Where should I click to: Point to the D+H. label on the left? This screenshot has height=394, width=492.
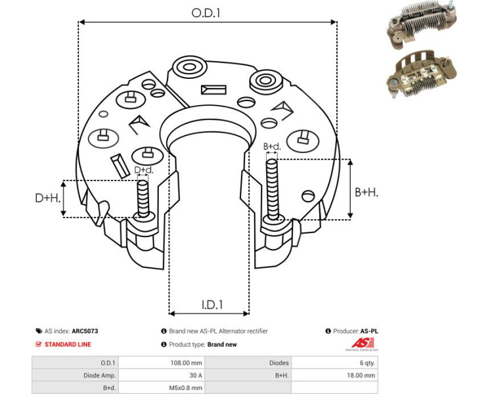point(47,198)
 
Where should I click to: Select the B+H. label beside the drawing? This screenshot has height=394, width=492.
point(367,192)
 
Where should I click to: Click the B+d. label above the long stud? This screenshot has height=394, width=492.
point(271,146)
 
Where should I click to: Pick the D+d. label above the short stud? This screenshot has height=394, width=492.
point(143,170)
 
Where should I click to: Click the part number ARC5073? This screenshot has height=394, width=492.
point(85,332)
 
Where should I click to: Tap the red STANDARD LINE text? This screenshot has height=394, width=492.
point(68,344)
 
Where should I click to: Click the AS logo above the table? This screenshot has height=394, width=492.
point(362,343)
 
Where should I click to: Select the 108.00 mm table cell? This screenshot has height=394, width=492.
point(187,362)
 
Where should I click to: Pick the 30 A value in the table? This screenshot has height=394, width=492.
point(195,376)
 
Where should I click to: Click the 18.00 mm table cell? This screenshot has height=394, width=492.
point(361,376)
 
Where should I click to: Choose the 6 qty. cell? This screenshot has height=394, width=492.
point(367,362)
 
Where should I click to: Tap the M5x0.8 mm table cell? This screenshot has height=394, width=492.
point(187,388)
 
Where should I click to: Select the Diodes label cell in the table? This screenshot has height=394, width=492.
point(279,362)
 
